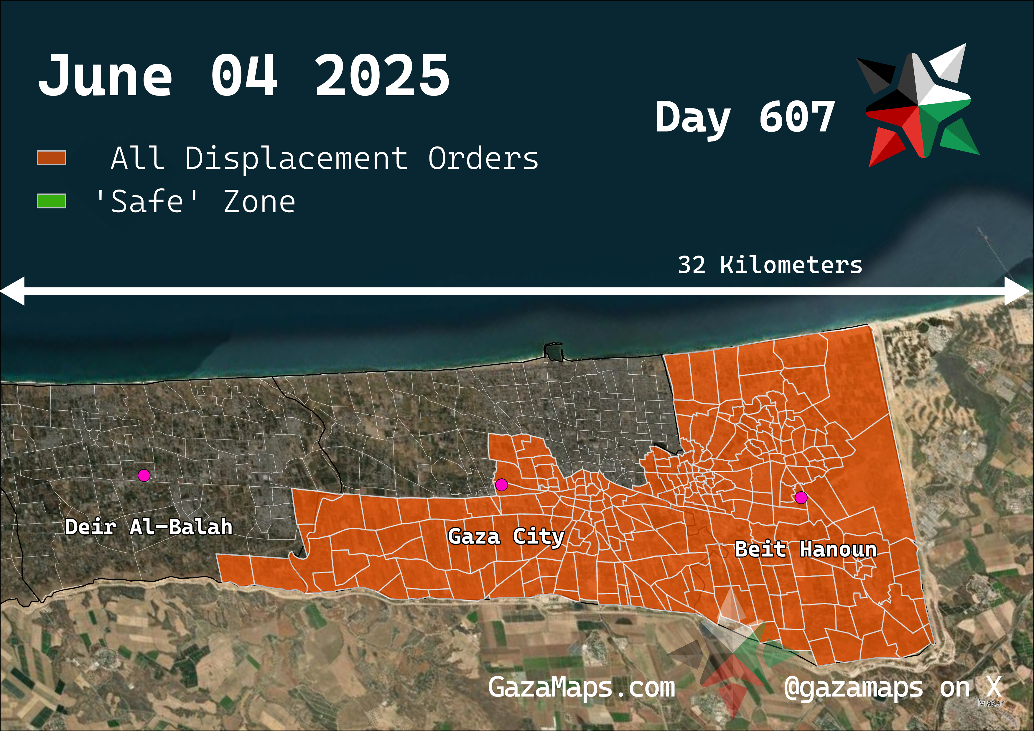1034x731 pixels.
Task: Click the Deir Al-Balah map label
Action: (149, 527)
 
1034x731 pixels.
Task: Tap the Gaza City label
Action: (506, 536)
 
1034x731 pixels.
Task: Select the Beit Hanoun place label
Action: (806, 549)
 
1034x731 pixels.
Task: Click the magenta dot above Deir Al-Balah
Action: (144, 475)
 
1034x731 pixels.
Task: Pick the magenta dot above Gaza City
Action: (502, 485)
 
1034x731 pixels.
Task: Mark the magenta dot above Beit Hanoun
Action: (801, 498)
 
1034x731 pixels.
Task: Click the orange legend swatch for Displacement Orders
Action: (51, 158)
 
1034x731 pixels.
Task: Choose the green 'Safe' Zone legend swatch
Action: (51, 201)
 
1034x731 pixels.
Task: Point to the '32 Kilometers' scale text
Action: (770, 265)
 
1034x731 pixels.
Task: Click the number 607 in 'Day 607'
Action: (797, 117)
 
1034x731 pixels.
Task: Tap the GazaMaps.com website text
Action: (581, 687)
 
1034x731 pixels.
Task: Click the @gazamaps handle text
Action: (853, 688)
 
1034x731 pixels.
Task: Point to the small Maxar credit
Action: (991, 703)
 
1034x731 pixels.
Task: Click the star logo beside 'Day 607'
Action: (919, 106)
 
